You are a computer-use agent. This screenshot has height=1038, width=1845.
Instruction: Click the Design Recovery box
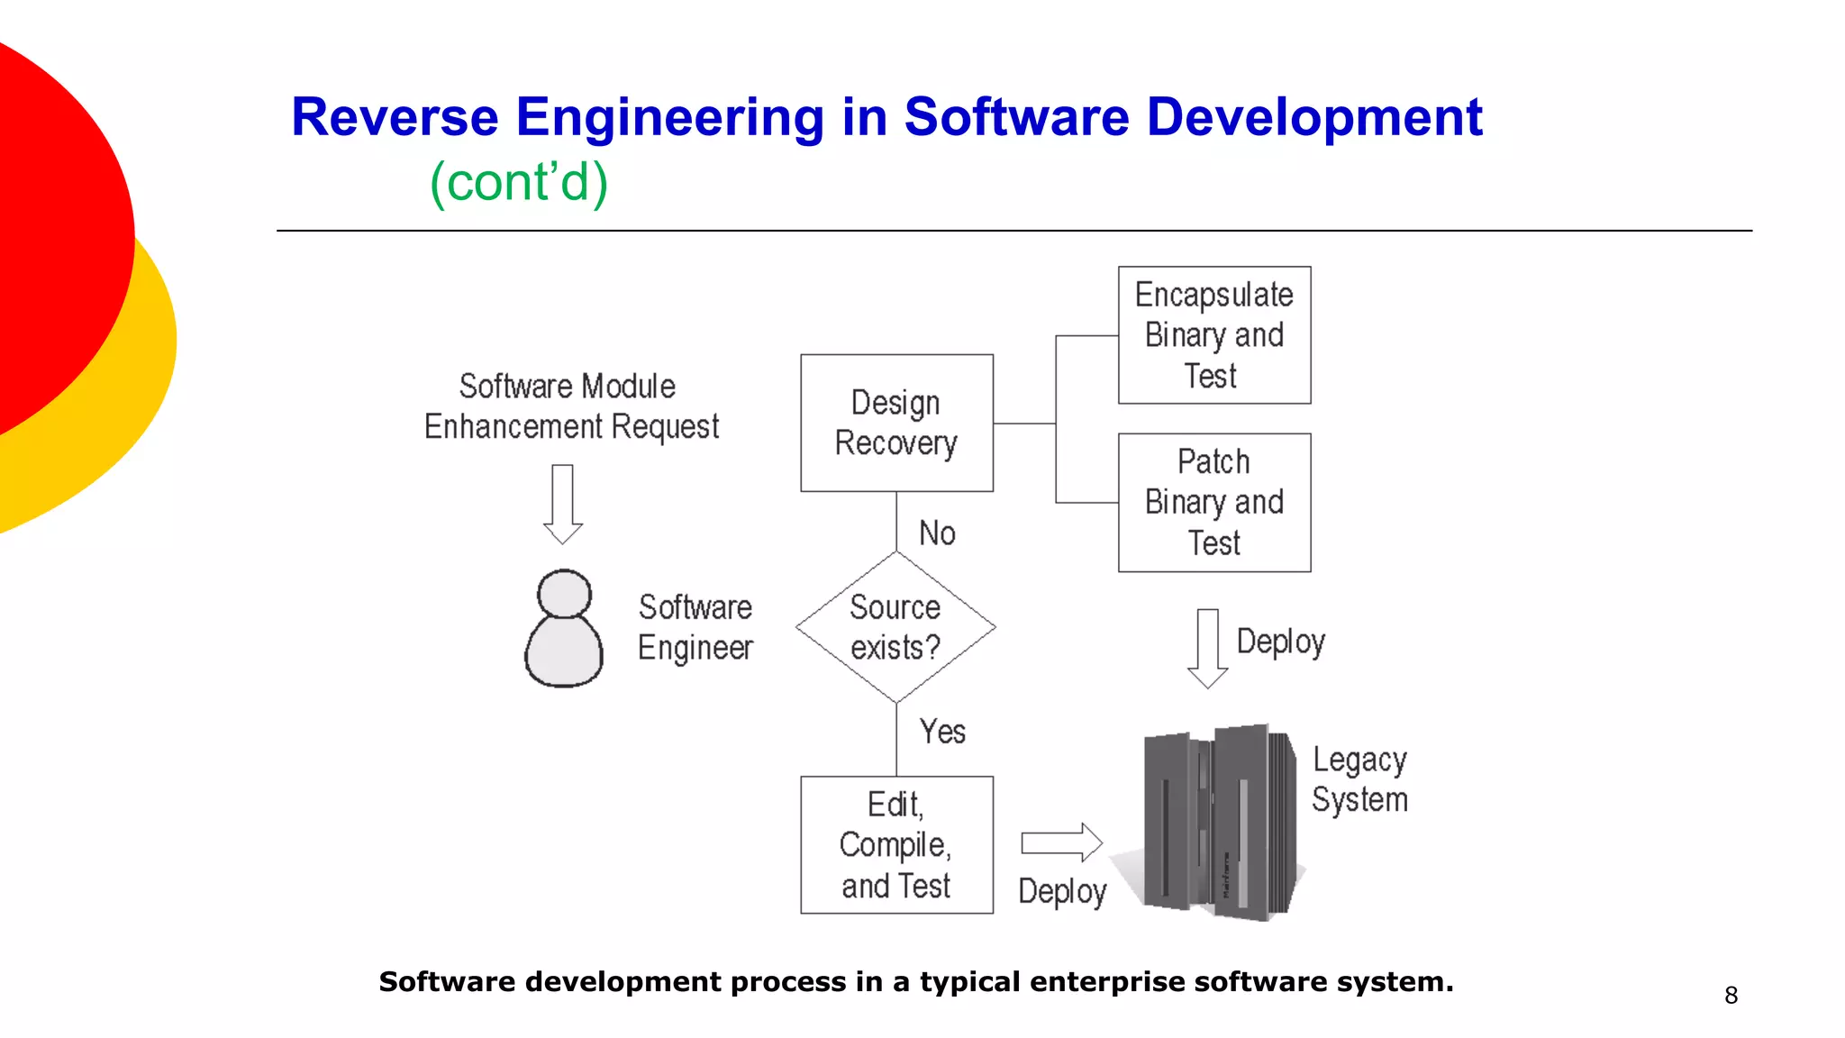coord(896,423)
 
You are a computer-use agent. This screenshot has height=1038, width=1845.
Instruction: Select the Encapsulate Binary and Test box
coord(1213,335)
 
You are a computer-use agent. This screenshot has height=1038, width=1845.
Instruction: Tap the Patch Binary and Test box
coord(1213,503)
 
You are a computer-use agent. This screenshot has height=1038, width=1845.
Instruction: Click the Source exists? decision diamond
coord(895,627)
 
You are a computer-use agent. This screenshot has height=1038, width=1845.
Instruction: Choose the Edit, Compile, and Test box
coord(896,845)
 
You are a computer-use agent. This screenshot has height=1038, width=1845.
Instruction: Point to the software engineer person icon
coord(564,628)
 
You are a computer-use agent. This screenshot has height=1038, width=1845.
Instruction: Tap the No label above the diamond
coord(937,533)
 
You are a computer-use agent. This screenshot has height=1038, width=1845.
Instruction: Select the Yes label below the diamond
coord(942,732)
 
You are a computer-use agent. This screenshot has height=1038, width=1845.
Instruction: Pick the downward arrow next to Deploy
coord(1207,648)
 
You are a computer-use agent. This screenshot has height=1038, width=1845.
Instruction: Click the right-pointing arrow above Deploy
coord(1061,843)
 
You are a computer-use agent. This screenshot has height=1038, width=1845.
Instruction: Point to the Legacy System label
coord(1359,780)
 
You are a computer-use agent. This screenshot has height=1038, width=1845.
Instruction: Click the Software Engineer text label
coord(695,628)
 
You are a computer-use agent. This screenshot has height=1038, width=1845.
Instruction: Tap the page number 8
coord(1731,996)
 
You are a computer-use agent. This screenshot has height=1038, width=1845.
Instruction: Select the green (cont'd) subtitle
coord(519,182)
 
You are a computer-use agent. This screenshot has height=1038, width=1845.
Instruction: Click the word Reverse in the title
coord(395,117)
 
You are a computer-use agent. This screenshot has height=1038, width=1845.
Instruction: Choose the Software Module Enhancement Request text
coord(571,406)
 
